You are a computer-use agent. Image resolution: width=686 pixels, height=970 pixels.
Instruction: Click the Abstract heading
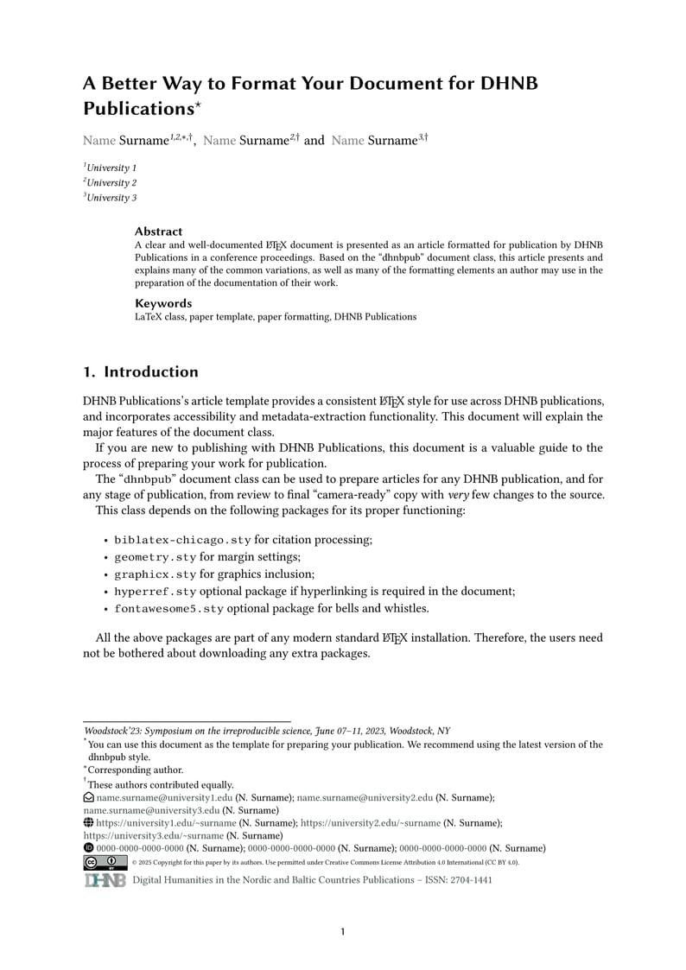[x=158, y=231]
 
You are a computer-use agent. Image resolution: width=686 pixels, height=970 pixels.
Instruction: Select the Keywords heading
[x=163, y=303]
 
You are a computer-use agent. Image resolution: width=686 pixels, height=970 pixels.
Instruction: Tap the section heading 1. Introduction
[x=141, y=372]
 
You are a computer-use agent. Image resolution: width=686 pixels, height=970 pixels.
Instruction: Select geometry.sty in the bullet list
[x=155, y=557]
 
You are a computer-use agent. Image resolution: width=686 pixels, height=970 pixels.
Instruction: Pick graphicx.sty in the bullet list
[x=155, y=574]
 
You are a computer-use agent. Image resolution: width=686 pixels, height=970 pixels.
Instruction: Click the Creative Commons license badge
[x=105, y=862]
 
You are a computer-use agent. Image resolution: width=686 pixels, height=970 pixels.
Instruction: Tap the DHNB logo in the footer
[x=105, y=880]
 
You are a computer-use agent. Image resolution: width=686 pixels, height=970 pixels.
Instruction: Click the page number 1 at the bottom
[x=343, y=932]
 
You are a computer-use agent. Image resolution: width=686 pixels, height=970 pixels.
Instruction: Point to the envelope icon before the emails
[x=88, y=798]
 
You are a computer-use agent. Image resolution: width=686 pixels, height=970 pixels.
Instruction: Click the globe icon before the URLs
[x=88, y=824]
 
